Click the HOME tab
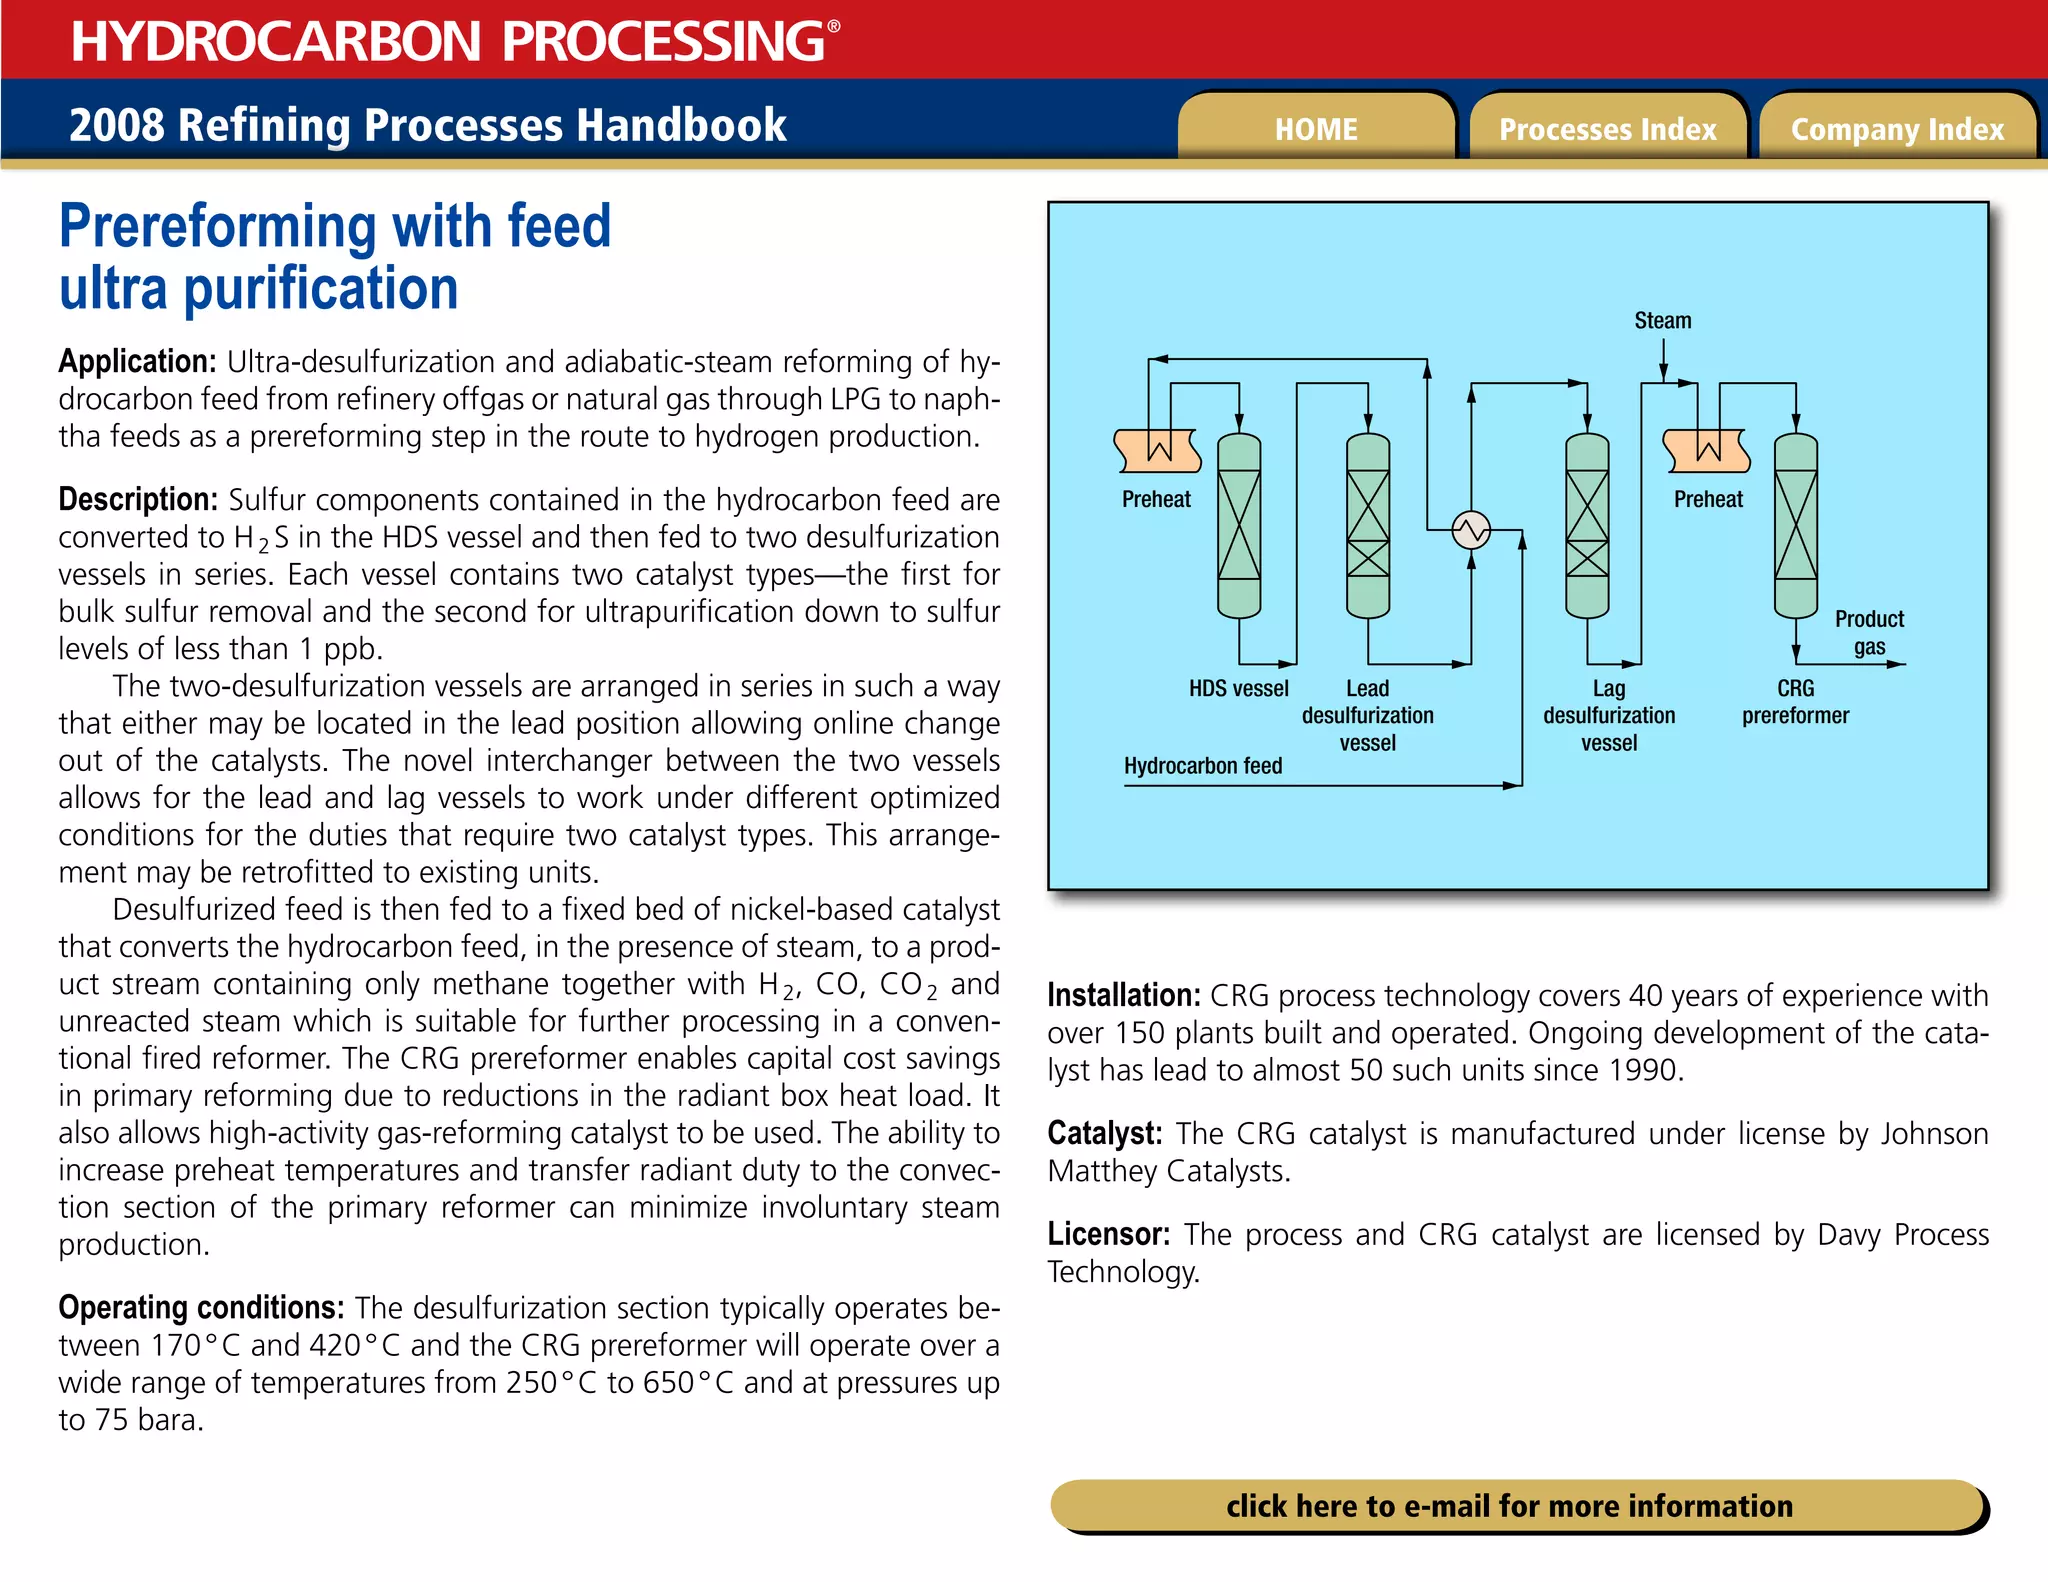click(x=1315, y=129)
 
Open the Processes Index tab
click(x=1607, y=129)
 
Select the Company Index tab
click(x=1897, y=129)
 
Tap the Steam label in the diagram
click(x=1662, y=321)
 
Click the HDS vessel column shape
click(x=1239, y=525)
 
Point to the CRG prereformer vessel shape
click(x=1795, y=525)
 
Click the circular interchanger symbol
click(x=1471, y=530)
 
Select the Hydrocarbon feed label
click(x=1203, y=766)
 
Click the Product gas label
click(x=1869, y=632)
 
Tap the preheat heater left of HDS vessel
click(x=1157, y=451)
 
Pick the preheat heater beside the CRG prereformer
click(x=1706, y=451)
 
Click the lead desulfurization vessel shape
click(x=1368, y=525)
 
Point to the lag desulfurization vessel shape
click(x=1587, y=525)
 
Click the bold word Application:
click(x=137, y=361)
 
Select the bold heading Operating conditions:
click(x=201, y=1308)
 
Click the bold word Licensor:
click(x=1108, y=1234)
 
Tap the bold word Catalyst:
click(x=1104, y=1133)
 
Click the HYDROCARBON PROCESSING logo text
click(x=455, y=41)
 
